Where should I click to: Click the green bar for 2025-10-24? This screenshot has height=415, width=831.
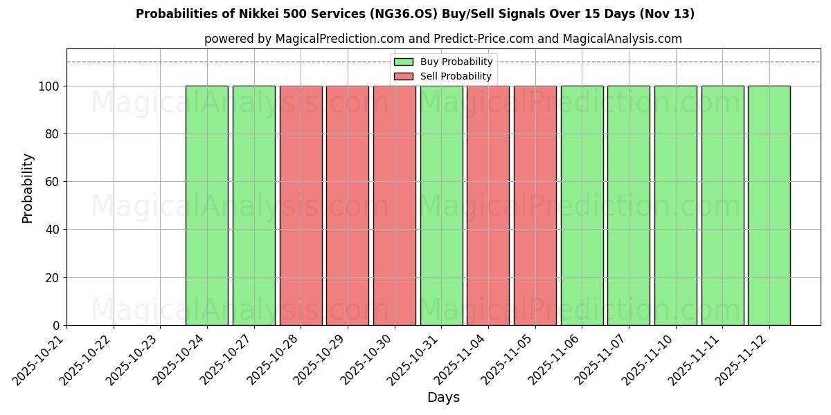tap(206, 205)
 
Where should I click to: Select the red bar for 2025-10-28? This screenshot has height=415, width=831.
tap(301, 205)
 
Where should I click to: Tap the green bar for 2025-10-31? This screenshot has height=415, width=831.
tap(441, 205)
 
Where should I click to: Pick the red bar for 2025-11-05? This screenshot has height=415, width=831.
tap(535, 205)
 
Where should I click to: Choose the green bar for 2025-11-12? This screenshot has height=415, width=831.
tap(769, 205)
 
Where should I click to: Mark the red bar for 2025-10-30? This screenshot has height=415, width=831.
tap(394, 205)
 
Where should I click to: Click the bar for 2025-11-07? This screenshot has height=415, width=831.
tap(628, 205)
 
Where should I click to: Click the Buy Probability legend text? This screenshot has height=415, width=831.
tap(456, 62)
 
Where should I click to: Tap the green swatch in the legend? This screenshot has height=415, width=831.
tap(404, 62)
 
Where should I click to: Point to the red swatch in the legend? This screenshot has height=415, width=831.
tap(404, 76)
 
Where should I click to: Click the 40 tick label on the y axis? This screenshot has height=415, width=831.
tap(51, 230)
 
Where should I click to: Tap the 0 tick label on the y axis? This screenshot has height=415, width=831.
tap(55, 326)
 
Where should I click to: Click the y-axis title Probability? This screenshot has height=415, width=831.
tap(28, 187)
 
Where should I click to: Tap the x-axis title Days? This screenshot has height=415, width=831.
tap(443, 398)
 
